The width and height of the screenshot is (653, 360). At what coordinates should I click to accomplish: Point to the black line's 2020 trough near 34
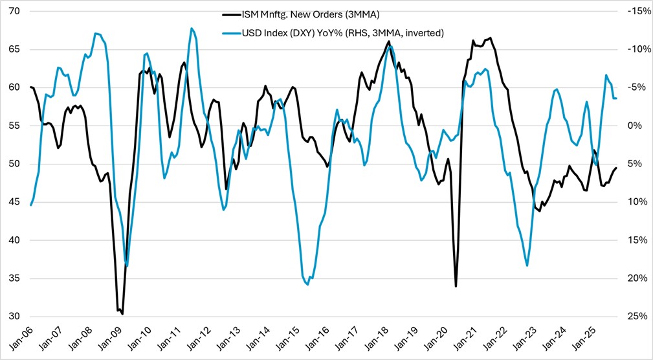(456, 286)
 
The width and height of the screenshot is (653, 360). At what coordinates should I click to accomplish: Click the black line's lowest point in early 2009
(122, 314)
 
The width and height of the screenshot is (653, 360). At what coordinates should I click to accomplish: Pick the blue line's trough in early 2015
(307, 284)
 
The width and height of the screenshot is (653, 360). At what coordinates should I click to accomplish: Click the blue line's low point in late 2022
(527, 265)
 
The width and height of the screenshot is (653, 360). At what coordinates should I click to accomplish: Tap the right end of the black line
(616, 168)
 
